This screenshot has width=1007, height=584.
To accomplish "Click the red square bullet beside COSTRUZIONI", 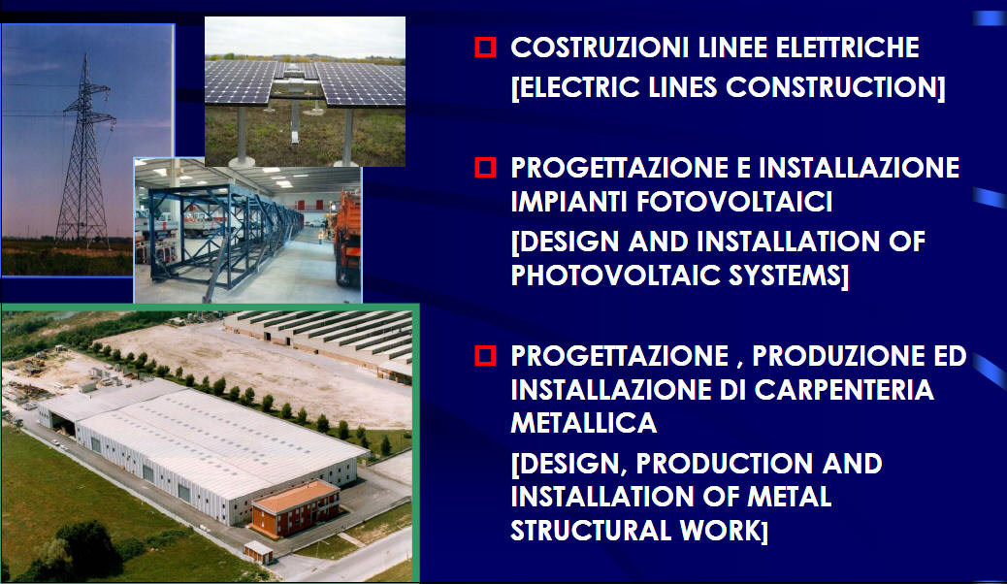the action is [485, 48].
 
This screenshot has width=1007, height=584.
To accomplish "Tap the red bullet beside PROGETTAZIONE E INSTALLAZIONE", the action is [485, 167].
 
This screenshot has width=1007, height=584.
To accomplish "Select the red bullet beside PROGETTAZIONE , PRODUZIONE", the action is [485, 355].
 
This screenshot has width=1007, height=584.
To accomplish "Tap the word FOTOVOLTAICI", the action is [734, 202].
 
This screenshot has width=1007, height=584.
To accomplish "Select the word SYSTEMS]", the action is [789, 276].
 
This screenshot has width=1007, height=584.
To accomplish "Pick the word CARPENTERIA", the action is [843, 389].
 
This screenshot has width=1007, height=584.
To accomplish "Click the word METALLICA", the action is [584, 423].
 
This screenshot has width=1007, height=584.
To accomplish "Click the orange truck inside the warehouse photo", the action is [347, 238].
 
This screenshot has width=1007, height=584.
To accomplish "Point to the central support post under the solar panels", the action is [295, 121].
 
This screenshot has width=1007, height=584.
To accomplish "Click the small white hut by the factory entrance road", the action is [258, 552].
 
